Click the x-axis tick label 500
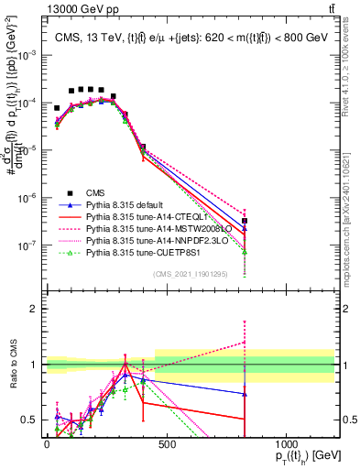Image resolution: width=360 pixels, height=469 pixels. click(167, 443)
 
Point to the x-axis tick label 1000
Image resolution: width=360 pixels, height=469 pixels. click(287, 443)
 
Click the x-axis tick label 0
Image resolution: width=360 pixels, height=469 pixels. click(47, 443)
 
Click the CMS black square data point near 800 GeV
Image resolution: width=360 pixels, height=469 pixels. click(245, 221)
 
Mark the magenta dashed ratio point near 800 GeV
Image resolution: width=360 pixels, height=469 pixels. click(245, 342)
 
